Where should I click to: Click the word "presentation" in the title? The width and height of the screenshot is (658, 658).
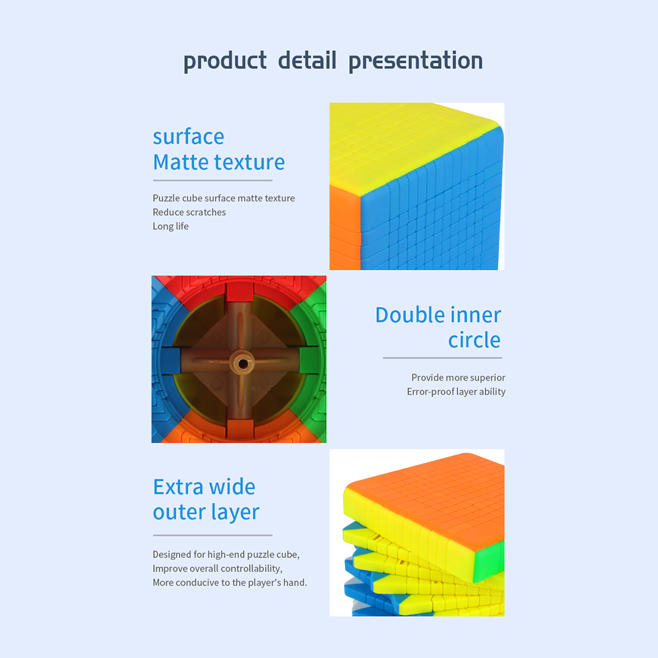(x=416, y=61)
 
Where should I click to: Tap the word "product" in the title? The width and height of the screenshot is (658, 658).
(x=225, y=61)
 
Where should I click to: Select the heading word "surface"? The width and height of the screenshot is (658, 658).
(x=188, y=137)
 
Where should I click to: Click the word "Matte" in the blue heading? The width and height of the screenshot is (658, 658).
(x=181, y=162)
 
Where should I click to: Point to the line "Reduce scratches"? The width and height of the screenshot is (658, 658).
(x=189, y=212)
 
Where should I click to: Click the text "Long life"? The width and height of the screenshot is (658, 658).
(x=171, y=226)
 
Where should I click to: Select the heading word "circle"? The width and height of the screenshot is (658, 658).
(x=474, y=340)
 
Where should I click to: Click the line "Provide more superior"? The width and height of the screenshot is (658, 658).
(x=458, y=377)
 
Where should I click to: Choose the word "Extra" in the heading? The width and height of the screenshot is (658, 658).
(x=179, y=487)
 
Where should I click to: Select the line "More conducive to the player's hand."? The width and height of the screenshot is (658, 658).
(x=230, y=583)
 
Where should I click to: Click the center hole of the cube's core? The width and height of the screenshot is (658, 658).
(x=243, y=363)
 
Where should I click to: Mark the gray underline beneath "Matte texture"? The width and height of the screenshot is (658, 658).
(x=213, y=181)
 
